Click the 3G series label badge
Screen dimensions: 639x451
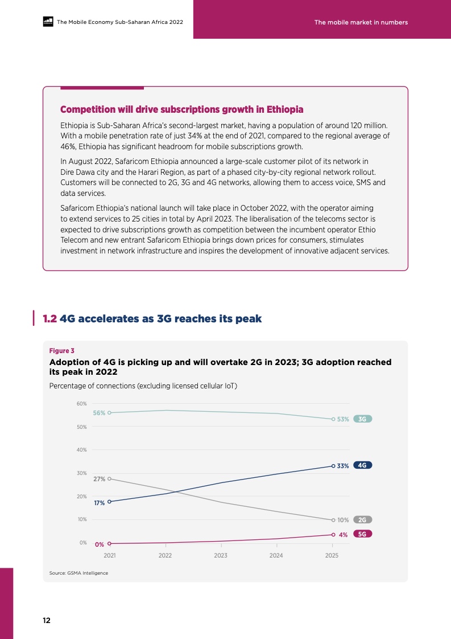[362, 419]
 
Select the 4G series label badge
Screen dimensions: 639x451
[362, 465]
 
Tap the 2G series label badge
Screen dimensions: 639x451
[362, 519]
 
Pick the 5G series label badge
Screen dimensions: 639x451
[362, 534]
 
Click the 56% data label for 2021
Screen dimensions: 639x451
[99, 413]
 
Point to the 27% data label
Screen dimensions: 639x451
[99, 479]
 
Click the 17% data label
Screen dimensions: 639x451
[99, 503]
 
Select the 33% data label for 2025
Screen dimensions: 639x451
[342, 466]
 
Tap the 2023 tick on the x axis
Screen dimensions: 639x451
[221, 555]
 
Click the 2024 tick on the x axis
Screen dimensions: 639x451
[276, 555]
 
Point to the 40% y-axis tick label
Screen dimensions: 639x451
[82, 450]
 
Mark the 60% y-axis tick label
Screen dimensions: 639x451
[82, 403]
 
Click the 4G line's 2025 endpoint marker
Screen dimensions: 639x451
[333, 466]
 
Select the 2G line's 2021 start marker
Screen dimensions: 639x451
[109, 478]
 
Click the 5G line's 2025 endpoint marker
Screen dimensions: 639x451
[333, 535]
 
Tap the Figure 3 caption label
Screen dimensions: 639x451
[61, 351]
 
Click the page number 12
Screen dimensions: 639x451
[47, 621]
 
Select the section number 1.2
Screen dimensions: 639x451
[50, 319]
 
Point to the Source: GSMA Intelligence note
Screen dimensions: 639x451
[78, 572]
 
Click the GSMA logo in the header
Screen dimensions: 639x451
[48, 22]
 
